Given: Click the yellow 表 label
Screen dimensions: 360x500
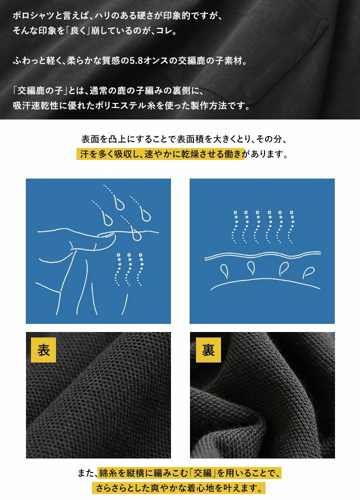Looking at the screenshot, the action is point(43,350).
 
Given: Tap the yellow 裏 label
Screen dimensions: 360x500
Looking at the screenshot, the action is point(208,350).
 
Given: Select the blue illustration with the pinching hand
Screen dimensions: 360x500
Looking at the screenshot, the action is point(98,251).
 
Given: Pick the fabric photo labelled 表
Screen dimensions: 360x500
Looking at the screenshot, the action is point(98,395).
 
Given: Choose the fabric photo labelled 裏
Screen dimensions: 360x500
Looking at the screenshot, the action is point(262,395).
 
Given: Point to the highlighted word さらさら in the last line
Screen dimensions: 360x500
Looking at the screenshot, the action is point(111,488).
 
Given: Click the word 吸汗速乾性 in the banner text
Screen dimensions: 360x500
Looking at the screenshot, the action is point(35,105).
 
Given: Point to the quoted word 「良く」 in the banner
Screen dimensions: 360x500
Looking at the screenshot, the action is point(78,31).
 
